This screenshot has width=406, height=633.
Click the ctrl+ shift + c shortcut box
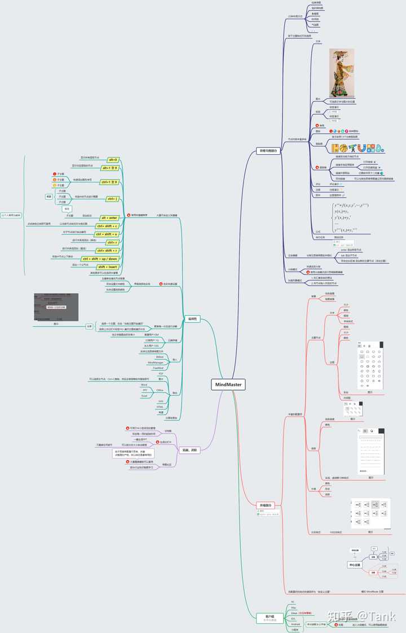click(x=107, y=226)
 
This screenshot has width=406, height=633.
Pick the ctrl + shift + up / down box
click(x=101, y=259)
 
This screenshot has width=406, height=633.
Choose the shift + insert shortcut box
click(x=109, y=267)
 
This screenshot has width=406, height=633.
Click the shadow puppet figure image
click(x=342, y=73)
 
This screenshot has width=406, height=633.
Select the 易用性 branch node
click(x=192, y=319)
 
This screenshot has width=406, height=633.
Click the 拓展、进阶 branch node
click(x=189, y=450)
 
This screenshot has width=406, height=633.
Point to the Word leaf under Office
click(x=144, y=384)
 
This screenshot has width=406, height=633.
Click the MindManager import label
click(x=156, y=362)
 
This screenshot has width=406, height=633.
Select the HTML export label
click(x=160, y=407)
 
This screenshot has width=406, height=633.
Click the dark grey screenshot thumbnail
click(x=56, y=307)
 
